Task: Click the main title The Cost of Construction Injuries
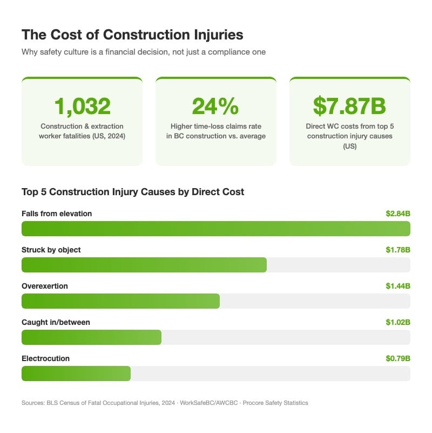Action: coord(132,35)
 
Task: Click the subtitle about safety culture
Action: coord(144,52)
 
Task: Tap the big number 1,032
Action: coord(82,106)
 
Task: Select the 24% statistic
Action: coord(215,106)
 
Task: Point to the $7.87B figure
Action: coord(349,106)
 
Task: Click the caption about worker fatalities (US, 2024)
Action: coord(82,131)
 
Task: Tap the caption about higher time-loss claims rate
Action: coord(215,131)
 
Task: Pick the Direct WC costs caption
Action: coord(349,136)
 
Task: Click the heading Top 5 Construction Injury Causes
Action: coord(133,192)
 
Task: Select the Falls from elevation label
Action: coord(57,214)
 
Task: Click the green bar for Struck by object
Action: coord(144,265)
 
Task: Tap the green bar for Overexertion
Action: coord(120,301)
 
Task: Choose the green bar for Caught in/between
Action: coord(91,337)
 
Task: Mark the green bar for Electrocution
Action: coord(76,374)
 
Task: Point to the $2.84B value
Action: coord(397,214)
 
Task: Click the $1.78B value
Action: coord(397,250)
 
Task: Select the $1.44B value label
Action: coord(397,286)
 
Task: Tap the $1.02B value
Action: coord(397,322)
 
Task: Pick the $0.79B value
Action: coord(397,358)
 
